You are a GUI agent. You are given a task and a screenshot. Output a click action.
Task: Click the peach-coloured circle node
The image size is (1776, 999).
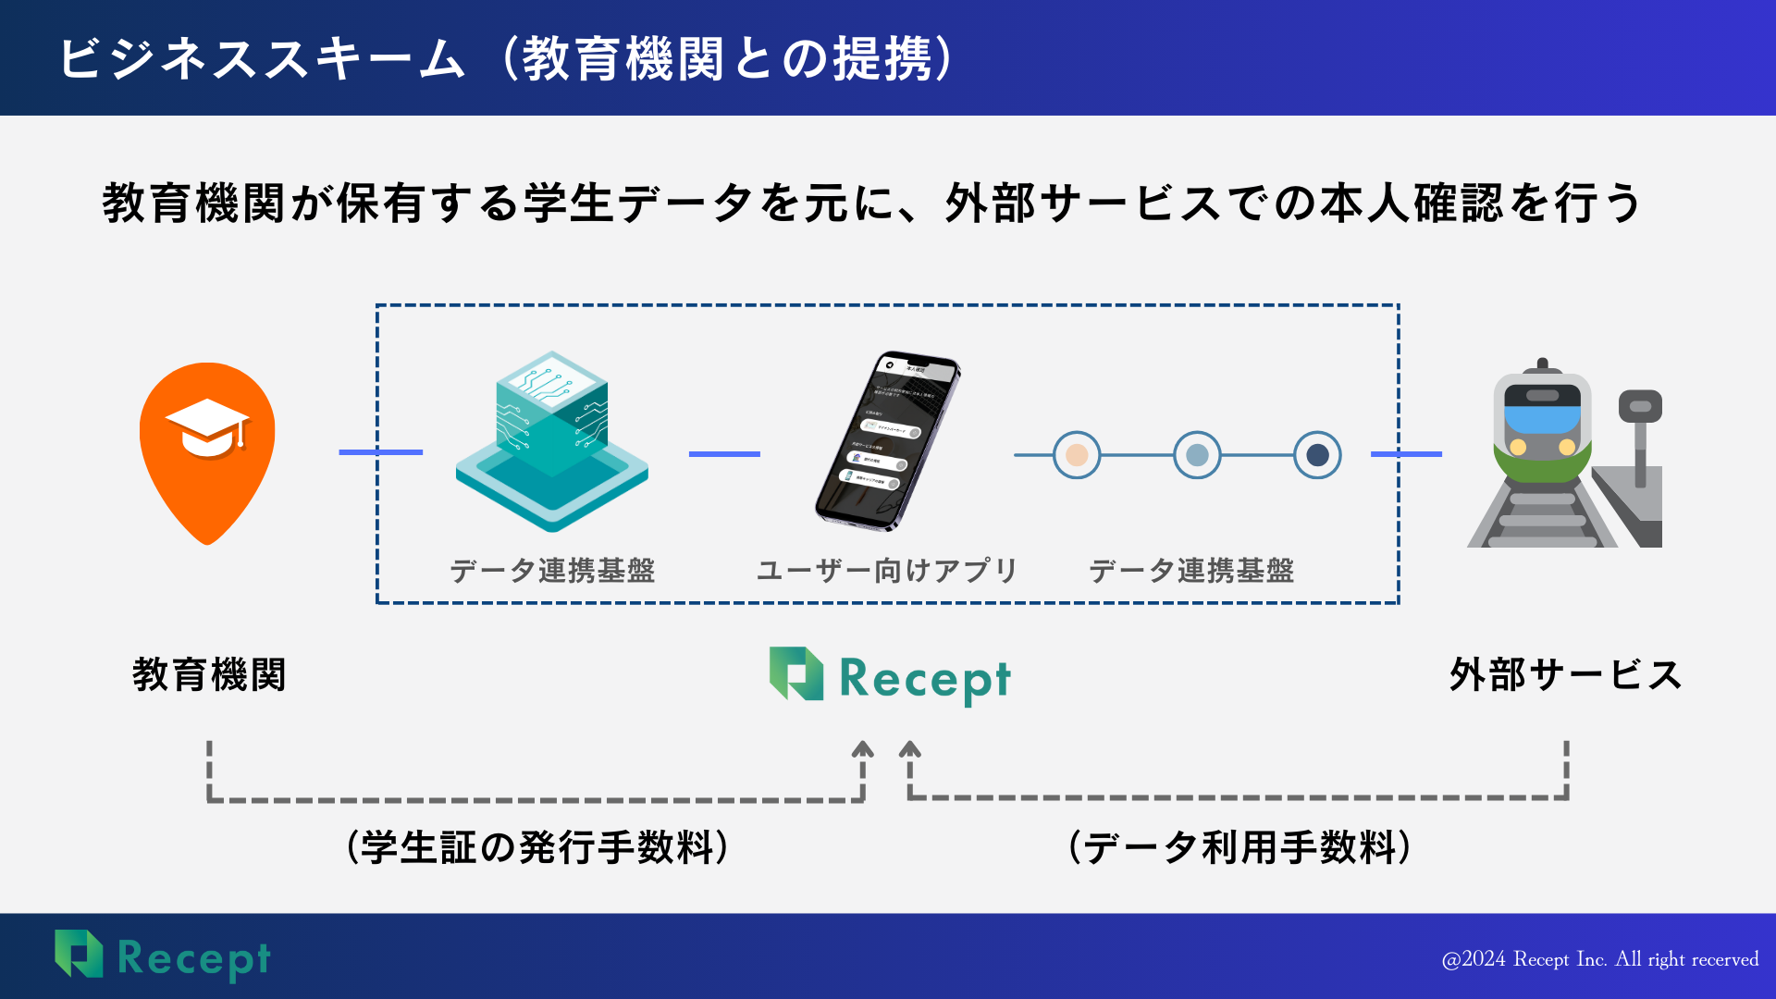click(x=1077, y=455)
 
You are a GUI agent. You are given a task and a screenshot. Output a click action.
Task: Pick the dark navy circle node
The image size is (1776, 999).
click(x=1317, y=455)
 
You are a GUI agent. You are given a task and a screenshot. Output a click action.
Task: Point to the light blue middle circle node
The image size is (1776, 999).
click(x=1197, y=455)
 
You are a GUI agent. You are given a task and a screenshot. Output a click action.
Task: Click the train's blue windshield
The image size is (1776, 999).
click(x=1542, y=418)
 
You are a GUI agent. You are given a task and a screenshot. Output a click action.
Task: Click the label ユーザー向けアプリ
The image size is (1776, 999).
click(x=886, y=571)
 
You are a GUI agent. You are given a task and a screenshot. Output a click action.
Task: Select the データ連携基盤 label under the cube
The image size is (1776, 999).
click(x=552, y=571)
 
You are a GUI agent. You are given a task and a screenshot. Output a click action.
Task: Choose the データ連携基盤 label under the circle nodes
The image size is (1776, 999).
click(x=1191, y=571)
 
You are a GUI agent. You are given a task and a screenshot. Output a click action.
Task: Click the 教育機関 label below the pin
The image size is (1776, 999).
click(x=209, y=675)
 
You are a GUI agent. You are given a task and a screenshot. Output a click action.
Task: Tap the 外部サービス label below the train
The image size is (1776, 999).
click(x=1565, y=675)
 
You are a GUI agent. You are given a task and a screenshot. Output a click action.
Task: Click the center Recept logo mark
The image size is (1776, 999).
click(x=796, y=673)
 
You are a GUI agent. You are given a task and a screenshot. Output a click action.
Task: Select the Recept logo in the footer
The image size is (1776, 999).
click(x=163, y=956)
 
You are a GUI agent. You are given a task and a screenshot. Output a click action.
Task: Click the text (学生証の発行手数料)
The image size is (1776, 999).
click(x=538, y=847)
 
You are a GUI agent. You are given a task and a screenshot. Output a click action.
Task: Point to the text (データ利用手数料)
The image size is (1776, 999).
click(x=1239, y=847)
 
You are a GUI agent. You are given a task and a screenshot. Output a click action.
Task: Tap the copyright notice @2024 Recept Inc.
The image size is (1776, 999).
click(x=1599, y=959)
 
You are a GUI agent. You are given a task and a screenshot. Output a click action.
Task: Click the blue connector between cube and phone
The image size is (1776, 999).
click(x=724, y=454)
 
